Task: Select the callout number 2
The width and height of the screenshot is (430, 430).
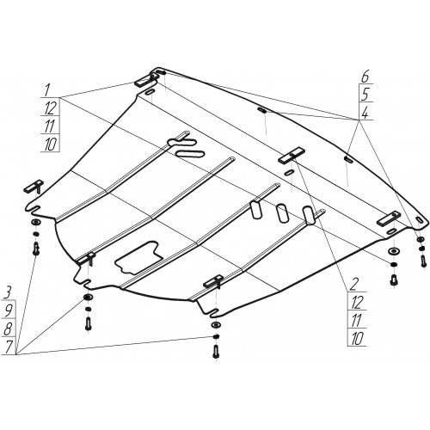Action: [353, 285]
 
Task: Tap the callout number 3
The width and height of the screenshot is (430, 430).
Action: [8, 293]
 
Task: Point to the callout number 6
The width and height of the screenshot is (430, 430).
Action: [365, 77]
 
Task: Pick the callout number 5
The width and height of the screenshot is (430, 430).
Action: [365, 95]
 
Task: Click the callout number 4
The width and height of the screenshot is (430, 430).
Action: [365, 113]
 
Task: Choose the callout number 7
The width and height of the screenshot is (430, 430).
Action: [9, 347]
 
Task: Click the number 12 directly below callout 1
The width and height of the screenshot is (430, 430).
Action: [50, 107]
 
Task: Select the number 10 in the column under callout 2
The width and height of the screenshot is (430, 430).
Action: [357, 339]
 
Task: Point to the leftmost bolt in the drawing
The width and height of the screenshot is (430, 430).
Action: [36, 249]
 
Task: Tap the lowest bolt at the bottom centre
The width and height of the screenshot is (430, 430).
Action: [215, 352]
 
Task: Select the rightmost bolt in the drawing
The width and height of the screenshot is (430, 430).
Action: [423, 261]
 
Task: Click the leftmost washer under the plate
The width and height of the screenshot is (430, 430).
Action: [35, 222]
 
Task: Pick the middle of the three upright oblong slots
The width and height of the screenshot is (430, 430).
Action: [282, 212]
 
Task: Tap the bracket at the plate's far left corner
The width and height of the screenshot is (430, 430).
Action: [34, 186]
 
